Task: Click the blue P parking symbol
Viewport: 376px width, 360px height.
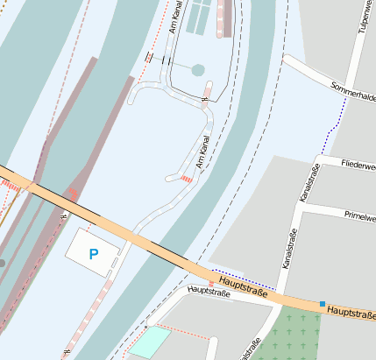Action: [x=93, y=255]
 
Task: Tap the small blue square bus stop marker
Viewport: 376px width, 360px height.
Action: [x=323, y=303]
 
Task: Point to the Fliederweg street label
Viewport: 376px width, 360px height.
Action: [x=359, y=164]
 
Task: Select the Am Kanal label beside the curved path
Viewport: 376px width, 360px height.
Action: [x=204, y=152]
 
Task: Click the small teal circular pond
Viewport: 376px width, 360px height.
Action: [x=198, y=69]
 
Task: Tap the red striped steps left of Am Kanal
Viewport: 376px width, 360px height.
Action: [x=186, y=179]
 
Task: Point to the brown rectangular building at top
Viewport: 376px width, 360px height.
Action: [x=227, y=18]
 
